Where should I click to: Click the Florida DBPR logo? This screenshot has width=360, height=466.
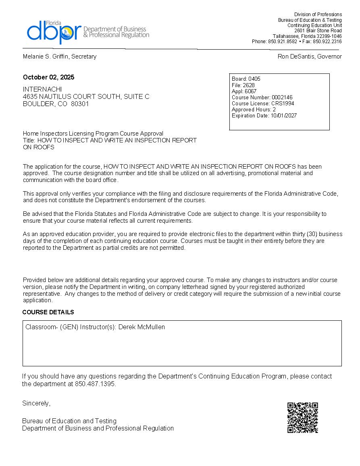(x=87, y=32)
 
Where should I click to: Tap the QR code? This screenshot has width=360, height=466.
(x=303, y=418)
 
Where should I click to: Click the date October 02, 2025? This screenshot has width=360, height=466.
(x=48, y=77)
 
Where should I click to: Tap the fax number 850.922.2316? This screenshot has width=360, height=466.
(x=327, y=42)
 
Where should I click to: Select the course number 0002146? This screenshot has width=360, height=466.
(x=282, y=97)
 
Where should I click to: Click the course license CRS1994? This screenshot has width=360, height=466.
(x=283, y=103)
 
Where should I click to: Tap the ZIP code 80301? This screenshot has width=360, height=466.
(x=80, y=104)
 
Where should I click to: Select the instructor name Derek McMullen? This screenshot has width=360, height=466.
(x=142, y=327)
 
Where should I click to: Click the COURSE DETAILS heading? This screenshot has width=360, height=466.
(x=48, y=312)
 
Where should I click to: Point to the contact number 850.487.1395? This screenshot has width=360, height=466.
(x=95, y=384)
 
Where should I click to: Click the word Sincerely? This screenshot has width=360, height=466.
(x=36, y=403)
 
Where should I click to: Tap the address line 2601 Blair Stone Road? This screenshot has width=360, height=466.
(x=318, y=31)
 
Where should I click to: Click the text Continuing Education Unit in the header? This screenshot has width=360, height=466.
(x=314, y=25)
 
